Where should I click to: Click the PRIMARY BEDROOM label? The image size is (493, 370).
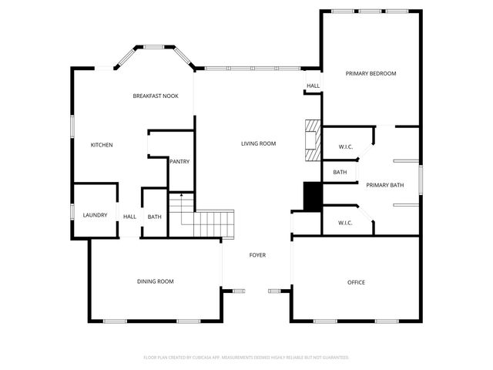pyautogui.click(x=371, y=74)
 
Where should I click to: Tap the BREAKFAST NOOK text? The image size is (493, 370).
pyautogui.click(x=156, y=96)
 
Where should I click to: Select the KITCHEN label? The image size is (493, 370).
pyautogui.click(x=102, y=145)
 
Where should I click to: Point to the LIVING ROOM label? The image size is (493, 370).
pyautogui.click(x=258, y=143)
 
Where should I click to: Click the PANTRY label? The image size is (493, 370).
pyautogui.click(x=179, y=162)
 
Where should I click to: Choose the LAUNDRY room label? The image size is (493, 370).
pyautogui.click(x=95, y=215)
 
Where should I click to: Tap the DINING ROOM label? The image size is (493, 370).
pyautogui.click(x=155, y=282)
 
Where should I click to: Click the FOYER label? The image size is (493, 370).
pyautogui.click(x=257, y=255)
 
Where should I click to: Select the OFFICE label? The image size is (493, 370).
pyautogui.click(x=356, y=283)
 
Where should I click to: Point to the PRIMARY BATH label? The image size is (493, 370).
pyautogui.click(x=384, y=185)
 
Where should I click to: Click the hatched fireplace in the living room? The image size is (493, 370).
pyautogui.click(x=312, y=140)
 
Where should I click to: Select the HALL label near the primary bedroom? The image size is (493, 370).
pyautogui.click(x=313, y=86)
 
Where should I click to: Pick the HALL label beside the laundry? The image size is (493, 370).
pyautogui.click(x=129, y=217)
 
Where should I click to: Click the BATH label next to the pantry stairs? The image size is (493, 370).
pyautogui.click(x=154, y=217)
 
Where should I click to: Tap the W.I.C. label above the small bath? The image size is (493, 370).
pyautogui.click(x=345, y=147)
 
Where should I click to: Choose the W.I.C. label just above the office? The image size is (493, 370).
pyautogui.click(x=345, y=224)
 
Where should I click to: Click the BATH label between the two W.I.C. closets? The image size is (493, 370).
pyautogui.click(x=340, y=173)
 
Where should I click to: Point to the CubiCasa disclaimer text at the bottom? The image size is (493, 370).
pyautogui.click(x=246, y=358)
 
